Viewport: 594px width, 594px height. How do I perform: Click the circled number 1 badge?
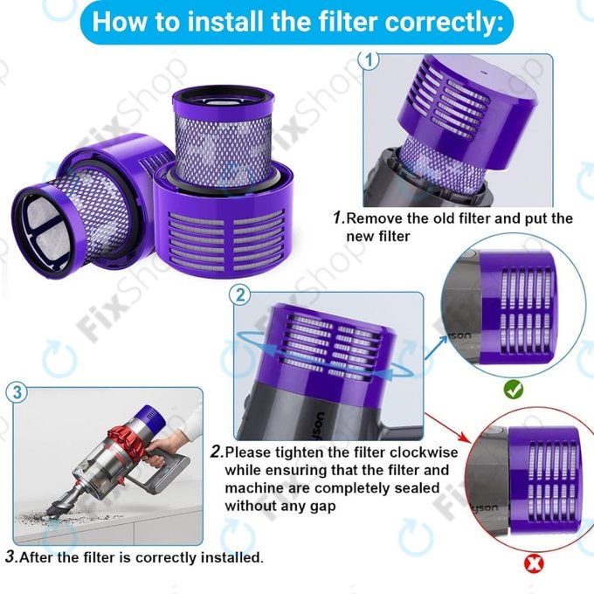point(370,60)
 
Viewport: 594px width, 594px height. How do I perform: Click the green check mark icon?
point(515,390)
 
